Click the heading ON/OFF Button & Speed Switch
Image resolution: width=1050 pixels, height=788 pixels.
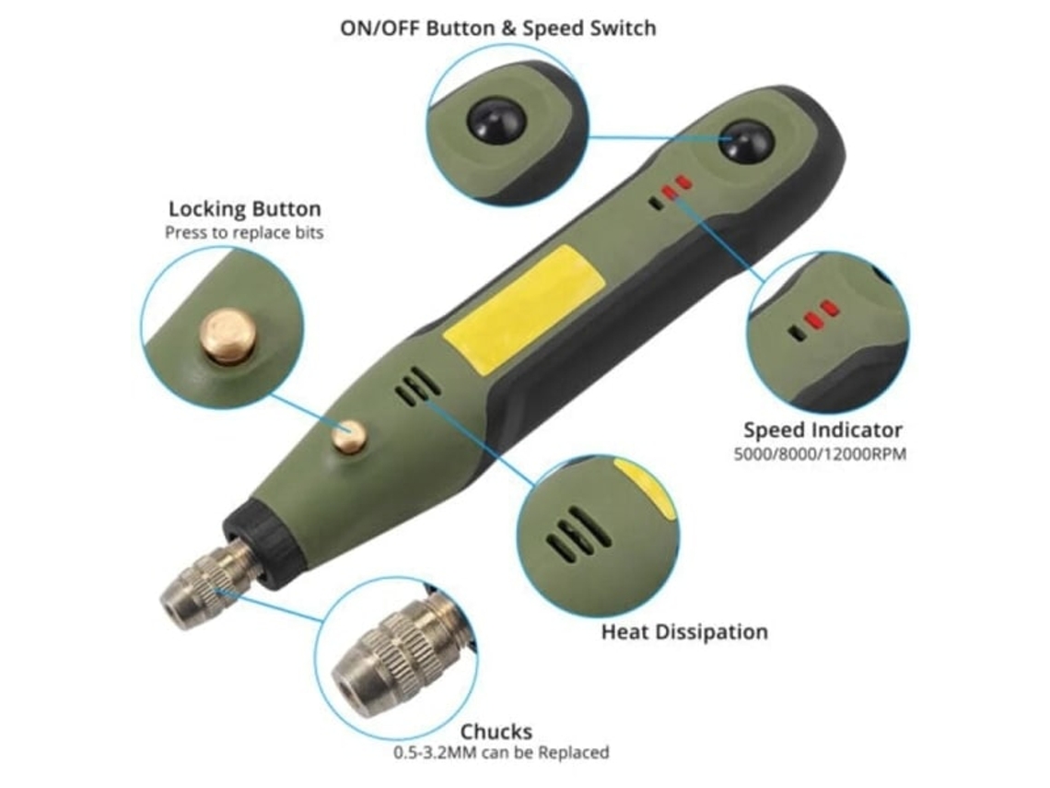[497, 29]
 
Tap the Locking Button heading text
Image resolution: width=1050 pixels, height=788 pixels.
[244, 208]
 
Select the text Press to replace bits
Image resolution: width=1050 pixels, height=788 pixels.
[244, 232]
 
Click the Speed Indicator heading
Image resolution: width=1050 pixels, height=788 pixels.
[822, 429]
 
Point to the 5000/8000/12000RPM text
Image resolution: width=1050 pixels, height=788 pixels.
[821, 454]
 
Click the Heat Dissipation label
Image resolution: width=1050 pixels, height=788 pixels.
[684, 632]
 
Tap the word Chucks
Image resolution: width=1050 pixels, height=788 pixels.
[496, 731]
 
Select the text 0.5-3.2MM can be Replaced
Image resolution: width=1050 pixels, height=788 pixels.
[501, 752]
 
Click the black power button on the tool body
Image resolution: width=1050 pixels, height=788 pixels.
[746, 142]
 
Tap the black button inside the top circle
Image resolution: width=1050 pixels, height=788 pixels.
[496, 122]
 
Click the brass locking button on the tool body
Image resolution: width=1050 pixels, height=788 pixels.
[350, 436]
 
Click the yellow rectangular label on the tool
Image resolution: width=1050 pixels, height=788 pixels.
[525, 309]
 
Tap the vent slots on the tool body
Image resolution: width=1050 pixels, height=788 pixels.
[418, 387]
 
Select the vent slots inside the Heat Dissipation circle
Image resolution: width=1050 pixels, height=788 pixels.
[577, 534]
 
